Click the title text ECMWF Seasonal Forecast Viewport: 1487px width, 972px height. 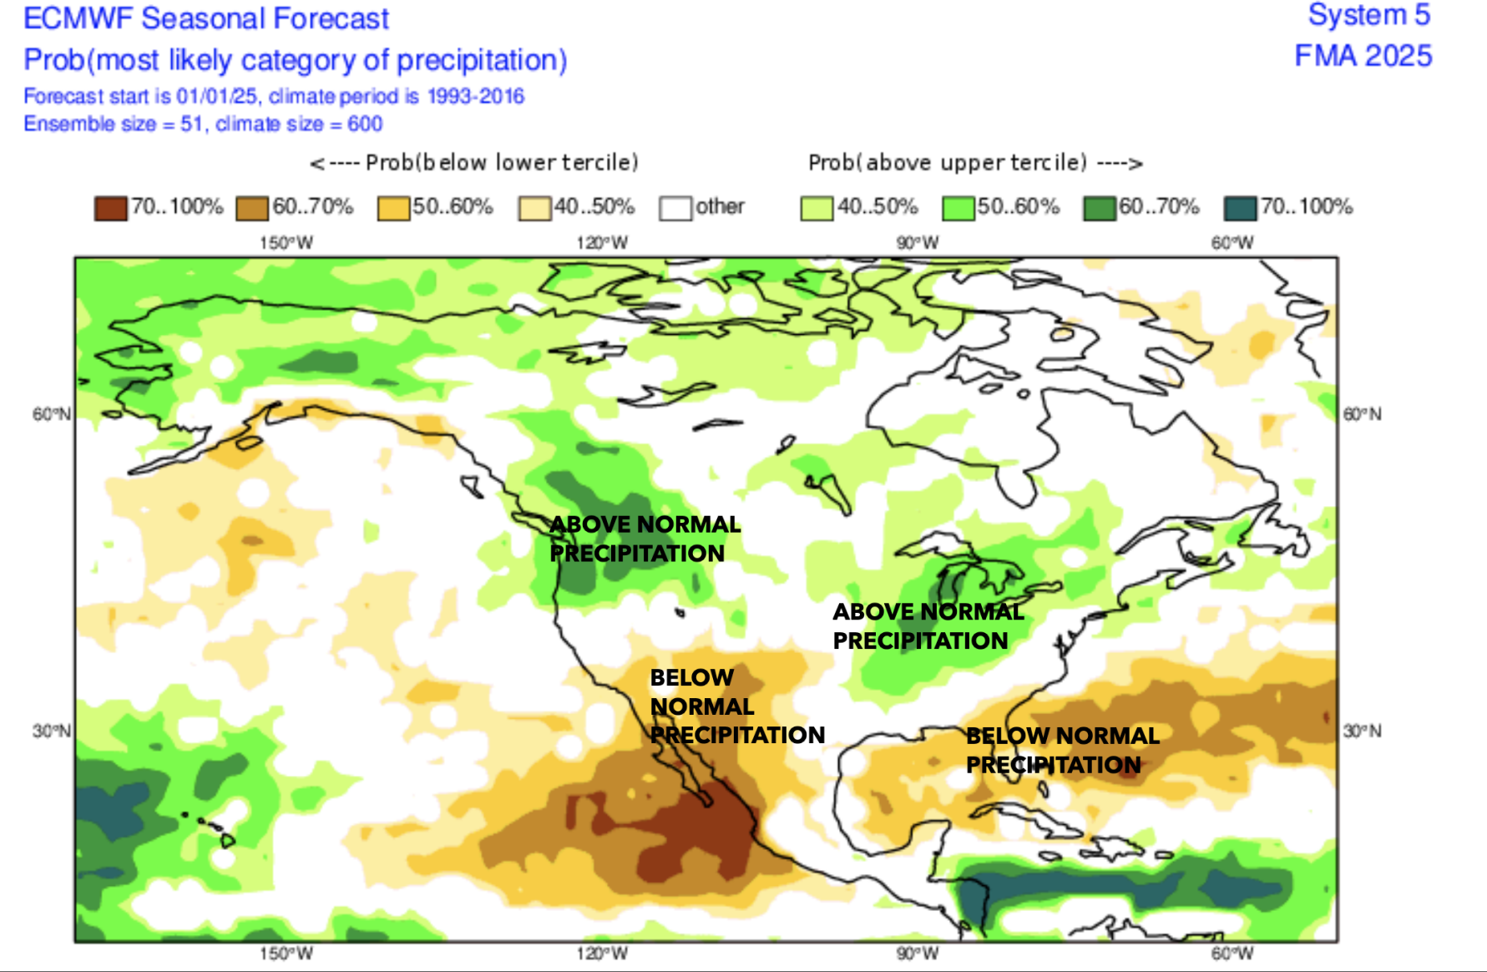pyautogui.click(x=205, y=18)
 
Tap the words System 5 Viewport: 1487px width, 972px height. pyautogui.click(x=1368, y=15)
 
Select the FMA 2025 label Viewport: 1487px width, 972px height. pyautogui.click(x=1363, y=56)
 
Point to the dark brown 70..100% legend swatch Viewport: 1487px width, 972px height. pyautogui.click(x=110, y=208)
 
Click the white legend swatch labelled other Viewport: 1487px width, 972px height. pyautogui.click(x=675, y=208)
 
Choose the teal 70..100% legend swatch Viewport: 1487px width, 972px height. pyautogui.click(x=1240, y=208)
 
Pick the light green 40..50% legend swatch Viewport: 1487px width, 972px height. pyautogui.click(x=816, y=208)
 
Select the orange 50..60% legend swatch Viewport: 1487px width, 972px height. pyautogui.click(x=392, y=208)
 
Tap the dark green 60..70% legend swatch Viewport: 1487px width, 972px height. pyautogui.click(x=1099, y=208)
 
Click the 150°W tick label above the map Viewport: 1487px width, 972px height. pyautogui.click(x=286, y=243)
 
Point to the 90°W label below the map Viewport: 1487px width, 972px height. pyautogui.click(x=918, y=954)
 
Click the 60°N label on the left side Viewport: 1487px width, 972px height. pyautogui.click(x=51, y=414)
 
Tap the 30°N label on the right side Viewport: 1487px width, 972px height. pyautogui.click(x=1362, y=731)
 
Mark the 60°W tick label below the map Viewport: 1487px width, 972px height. pyautogui.click(x=1232, y=954)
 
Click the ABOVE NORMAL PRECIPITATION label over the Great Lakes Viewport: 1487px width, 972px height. pyautogui.click(x=928, y=626)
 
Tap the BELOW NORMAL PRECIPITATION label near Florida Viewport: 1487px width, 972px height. pyautogui.click(x=1061, y=750)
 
